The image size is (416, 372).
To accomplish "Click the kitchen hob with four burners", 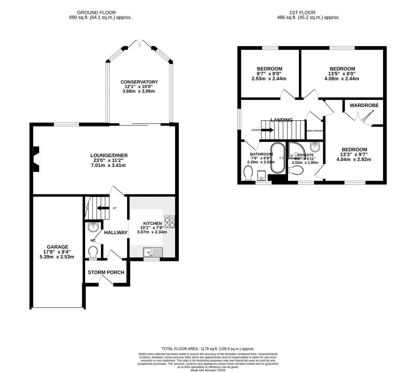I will click(170, 222).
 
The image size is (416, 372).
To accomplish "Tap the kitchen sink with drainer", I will click(153, 252).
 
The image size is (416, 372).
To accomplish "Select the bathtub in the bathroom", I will click(278, 158).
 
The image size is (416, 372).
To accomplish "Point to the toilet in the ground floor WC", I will click(93, 252).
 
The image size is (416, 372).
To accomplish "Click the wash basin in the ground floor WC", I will click(93, 227).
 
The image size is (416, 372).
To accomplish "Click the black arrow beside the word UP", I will click(103, 208).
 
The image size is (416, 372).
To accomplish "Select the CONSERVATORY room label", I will click(139, 82).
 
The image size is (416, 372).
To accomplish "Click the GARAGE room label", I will click(57, 247).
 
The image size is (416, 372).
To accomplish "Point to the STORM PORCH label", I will click(106, 272).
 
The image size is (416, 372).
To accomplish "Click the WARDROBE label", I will click(364, 106).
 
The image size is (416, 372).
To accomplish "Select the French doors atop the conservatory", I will click(140, 44).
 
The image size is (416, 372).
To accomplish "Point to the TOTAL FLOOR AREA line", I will click(208, 349).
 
